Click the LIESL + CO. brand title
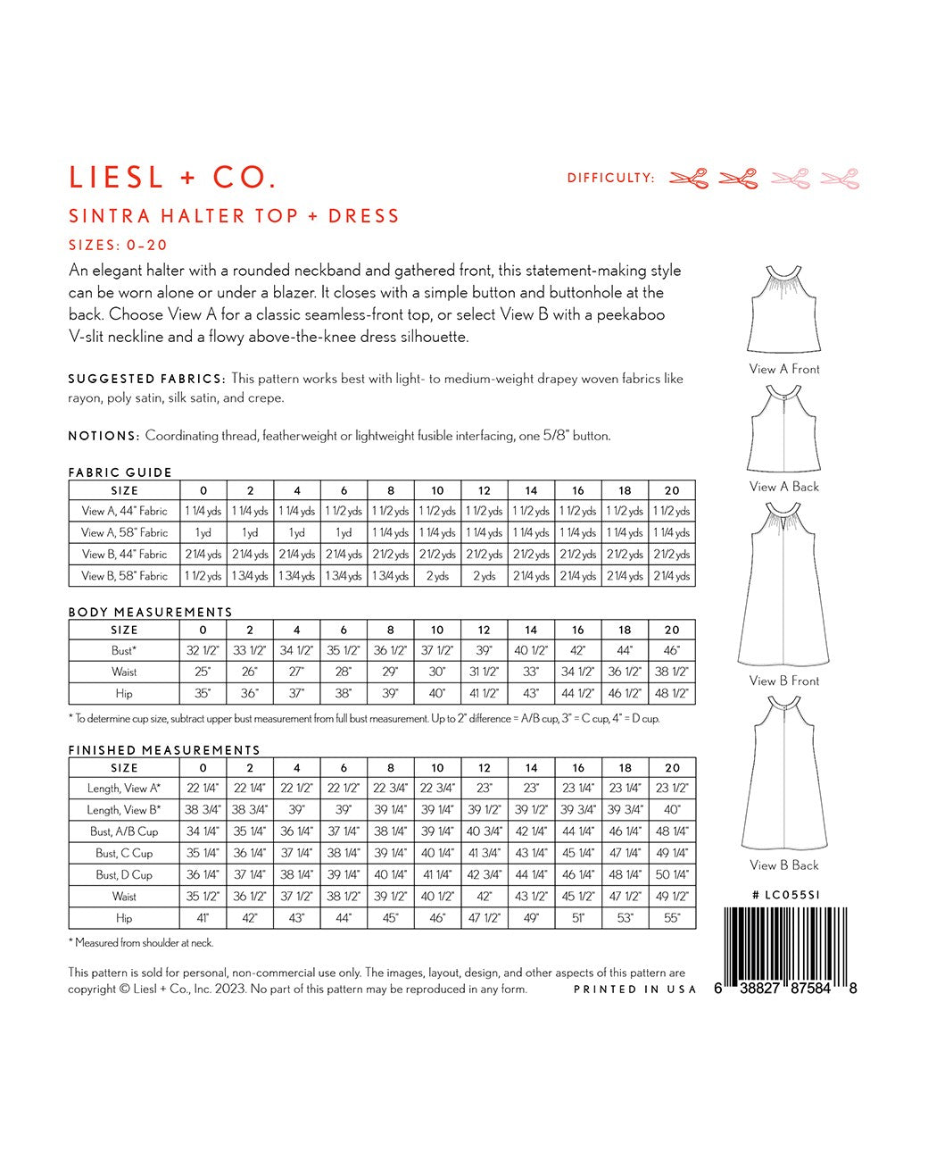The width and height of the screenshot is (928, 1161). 172,177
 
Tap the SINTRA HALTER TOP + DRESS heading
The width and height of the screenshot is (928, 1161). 234,216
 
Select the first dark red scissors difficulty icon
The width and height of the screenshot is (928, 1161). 689,178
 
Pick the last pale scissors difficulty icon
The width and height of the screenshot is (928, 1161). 840,178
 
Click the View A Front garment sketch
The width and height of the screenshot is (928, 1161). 783,310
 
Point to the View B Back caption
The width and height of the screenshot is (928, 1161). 784,864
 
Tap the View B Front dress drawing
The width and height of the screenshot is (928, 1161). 783,584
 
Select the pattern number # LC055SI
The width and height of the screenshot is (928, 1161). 785,894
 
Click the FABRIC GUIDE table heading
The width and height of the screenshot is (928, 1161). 120,472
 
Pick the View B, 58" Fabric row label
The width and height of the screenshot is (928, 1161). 125,576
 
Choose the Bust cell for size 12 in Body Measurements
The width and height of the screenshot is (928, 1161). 485,650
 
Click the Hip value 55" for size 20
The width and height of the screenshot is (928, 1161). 672,917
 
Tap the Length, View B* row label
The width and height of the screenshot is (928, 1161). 125,810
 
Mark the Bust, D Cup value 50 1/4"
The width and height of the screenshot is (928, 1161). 672,874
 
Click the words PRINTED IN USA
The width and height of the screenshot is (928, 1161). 634,990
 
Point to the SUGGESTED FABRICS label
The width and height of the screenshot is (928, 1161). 146,379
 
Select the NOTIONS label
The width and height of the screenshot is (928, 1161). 104,436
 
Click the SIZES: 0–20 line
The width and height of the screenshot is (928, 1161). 118,245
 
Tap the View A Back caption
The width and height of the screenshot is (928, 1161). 784,487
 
